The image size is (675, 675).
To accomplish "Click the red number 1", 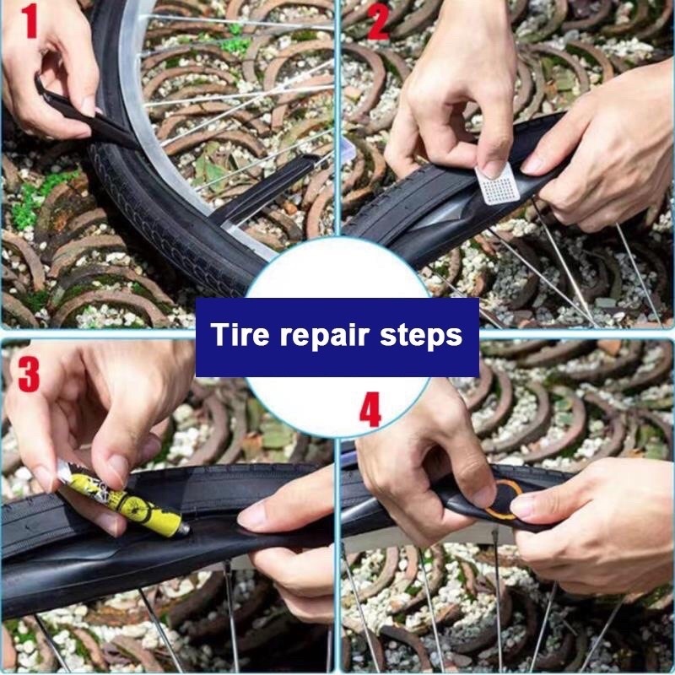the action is click(30, 21).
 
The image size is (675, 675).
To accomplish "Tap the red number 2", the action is click(377, 23).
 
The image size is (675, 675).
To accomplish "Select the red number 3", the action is click(29, 375).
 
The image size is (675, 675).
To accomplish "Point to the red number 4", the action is click(370, 409).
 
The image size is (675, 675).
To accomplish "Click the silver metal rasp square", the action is click(498, 185).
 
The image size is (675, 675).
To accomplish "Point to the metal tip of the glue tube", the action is click(184, 531).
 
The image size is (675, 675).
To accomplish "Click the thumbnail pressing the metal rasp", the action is click(492, 169).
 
